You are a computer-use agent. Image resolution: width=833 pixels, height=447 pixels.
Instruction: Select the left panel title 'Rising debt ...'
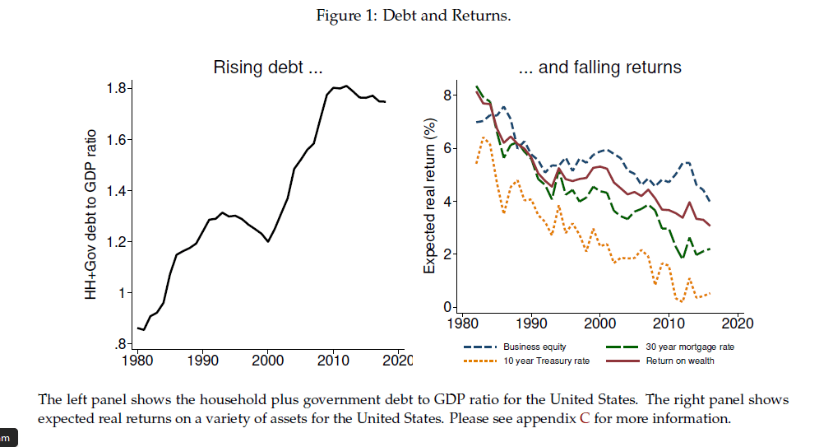(267, 68)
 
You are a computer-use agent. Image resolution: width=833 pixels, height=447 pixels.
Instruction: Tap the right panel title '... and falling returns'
(600, 68)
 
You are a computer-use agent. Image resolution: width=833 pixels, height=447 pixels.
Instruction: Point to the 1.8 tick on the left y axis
(118, 89)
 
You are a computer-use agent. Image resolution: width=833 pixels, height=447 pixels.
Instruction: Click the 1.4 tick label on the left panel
(118, 191)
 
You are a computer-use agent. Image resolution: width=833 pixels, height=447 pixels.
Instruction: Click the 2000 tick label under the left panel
(267, 361)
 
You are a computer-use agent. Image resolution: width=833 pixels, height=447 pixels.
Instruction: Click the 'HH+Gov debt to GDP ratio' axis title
(93, 214)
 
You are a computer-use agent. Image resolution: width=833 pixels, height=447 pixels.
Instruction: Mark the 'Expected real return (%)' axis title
(429, 196)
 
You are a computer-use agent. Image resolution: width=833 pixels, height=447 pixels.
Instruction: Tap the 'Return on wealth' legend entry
(679, 361)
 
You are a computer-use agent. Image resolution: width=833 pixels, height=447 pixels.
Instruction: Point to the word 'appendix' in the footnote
(525, 419)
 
